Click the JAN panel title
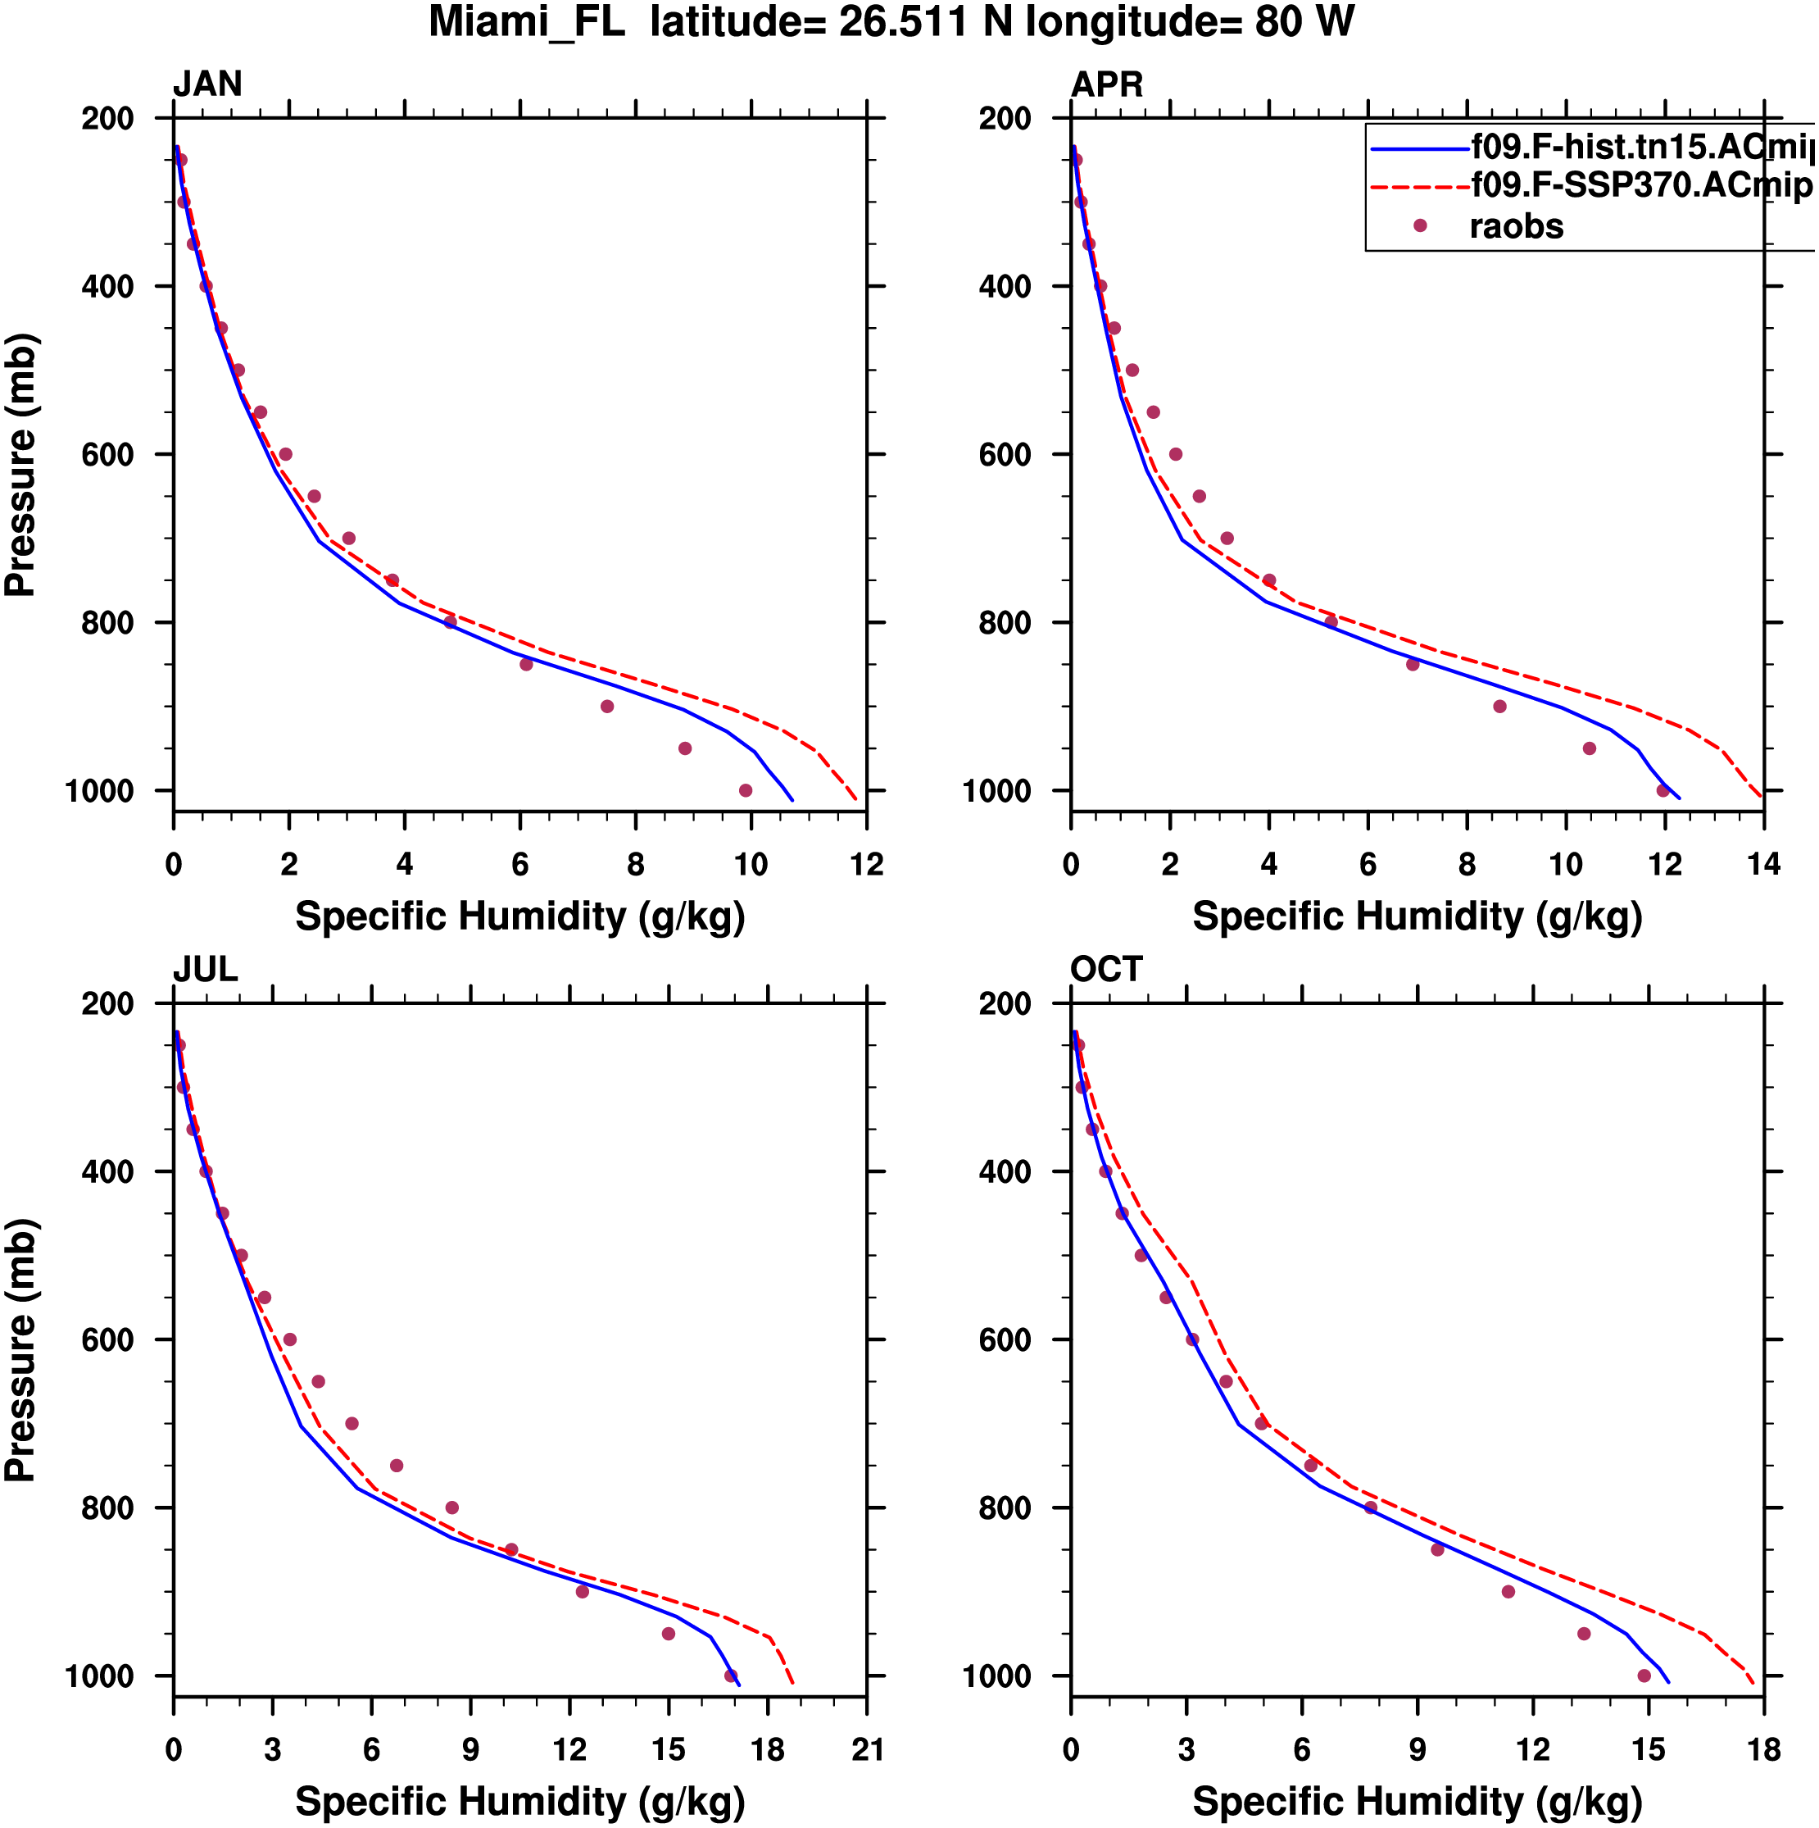(207, 84)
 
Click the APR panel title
(1106, 84)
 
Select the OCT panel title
(1106, 969)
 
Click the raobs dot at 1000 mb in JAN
(746, 790)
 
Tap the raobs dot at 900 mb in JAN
(607, 706)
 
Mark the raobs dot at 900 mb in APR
(1499, 706)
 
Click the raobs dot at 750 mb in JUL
(397, 1466)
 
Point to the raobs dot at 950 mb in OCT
(1584, 1633)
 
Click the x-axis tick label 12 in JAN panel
(866, 865)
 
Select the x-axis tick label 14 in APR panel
(1763, 865)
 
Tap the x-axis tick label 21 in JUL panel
(866, 1749)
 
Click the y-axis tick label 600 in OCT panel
(1005, 1339)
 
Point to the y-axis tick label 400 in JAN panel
(107, 287)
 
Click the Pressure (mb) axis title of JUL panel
(20, 1349)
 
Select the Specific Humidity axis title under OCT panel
(1416, 1802)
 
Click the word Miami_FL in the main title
(527, 22)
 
